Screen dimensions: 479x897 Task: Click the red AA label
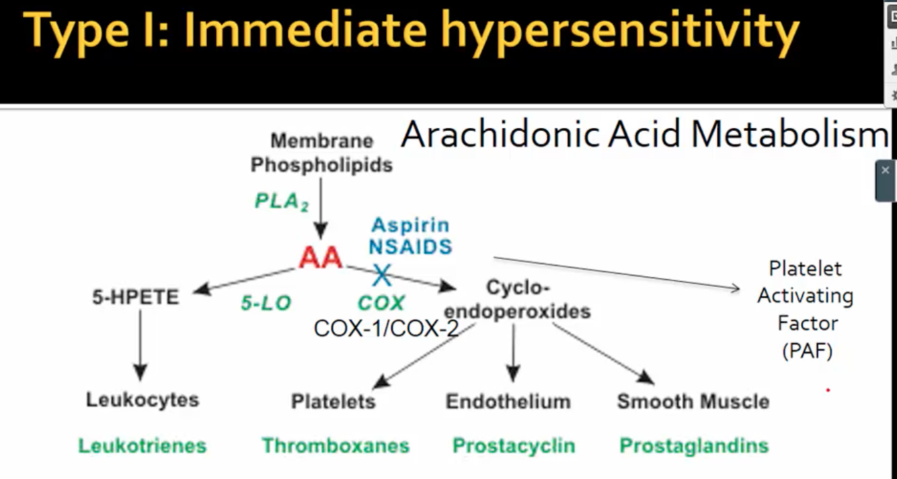click(x=321, y=257)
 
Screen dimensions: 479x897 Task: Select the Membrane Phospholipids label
click(x=321, y=153)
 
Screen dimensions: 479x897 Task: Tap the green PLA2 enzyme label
click(x=281, y=201)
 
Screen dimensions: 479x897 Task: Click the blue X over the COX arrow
click(x=382, y=274)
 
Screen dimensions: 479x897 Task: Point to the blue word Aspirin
click(x=410, y=225)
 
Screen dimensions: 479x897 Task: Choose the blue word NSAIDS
click(x=410, y=247)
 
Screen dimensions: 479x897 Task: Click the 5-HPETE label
click(x=136, y=297)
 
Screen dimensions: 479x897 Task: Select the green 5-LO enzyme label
click(x=266, y=303)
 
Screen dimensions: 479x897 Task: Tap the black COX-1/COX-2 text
click(x=386, y=328)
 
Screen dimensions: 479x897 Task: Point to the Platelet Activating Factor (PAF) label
click(x=806, y=309)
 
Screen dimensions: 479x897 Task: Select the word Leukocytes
click(x=143, y=400)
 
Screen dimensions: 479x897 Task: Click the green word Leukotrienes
click(x=143, y=445)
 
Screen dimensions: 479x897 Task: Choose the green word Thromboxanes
click(x=336, y=445)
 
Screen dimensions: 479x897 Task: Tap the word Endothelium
click(x=508, y=402)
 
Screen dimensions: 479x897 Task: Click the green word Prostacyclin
click(x=514, y=445)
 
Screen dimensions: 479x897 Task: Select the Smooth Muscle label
click(x=693, y=402)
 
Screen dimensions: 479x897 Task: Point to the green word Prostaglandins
click(x=693, y=445)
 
